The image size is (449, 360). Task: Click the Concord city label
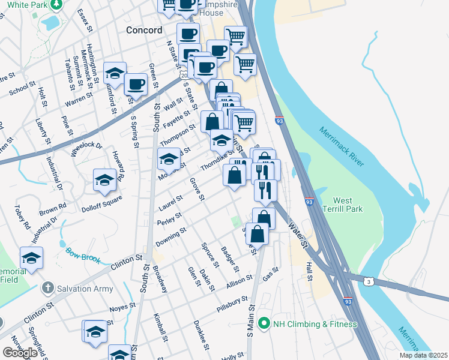(144, 30)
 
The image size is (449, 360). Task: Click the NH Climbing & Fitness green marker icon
(263, 324)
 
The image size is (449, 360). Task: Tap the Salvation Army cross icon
(47, 289)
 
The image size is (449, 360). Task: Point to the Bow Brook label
(80, 254)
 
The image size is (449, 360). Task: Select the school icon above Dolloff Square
(104, 179)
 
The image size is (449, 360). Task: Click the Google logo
(20, 353)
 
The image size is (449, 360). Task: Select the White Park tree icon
(56, 5)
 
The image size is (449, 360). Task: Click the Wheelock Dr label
(86, 148)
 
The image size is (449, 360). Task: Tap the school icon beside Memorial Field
(31, 258)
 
